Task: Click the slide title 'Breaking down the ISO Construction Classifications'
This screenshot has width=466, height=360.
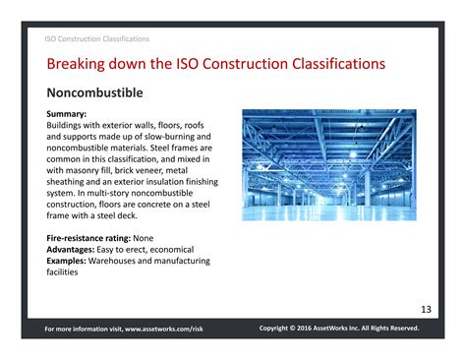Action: [x=215, y=65]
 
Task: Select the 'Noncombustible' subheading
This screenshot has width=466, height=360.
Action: [x=95, y=93]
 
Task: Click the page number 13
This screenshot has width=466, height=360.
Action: [x=425, y=309]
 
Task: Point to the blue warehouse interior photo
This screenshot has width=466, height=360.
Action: [x=329, y=164]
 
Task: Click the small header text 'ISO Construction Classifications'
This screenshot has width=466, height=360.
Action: [x=97, y=39]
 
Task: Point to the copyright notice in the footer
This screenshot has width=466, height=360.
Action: [x=338, y=328]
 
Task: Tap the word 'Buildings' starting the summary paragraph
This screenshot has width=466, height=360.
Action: [x=69, y=126]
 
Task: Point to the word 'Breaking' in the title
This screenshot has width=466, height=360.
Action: [x=79, y=65]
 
